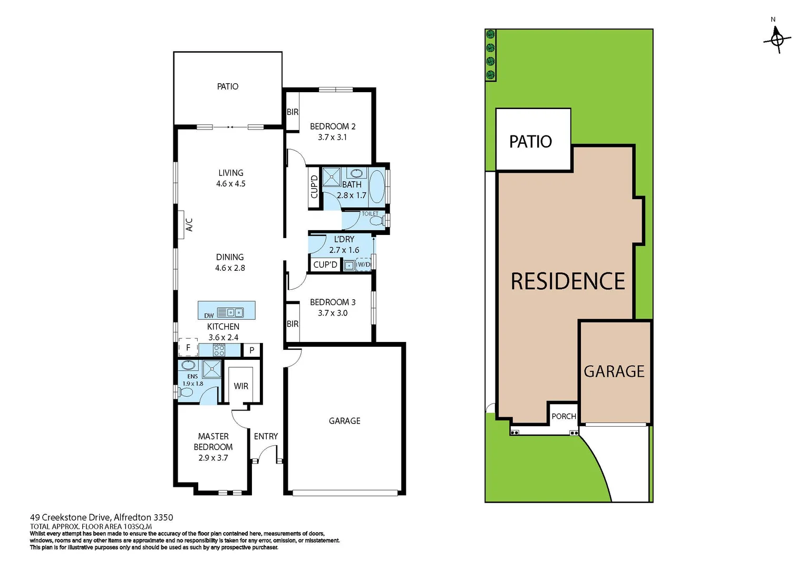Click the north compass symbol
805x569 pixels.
tap(777, 38)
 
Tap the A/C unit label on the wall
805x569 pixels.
tap(189, 224)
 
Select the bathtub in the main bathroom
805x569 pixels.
tap(376, 187)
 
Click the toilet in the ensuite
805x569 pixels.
tap(186, 392)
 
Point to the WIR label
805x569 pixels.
tap(241, 386)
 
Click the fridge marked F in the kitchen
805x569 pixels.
tap(188, 348)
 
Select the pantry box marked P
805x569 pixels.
tap(252, 350)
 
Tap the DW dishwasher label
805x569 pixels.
tap(209, 316)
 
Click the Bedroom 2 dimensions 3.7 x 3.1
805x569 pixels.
tap(332, 137)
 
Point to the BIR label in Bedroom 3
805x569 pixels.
tap(293, 324)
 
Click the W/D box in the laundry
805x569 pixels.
tap(364, 264)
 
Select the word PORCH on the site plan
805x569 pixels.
tap(564, 416)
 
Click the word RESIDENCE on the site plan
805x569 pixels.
tap(568, 281)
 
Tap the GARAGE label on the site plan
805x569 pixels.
tap(614, 371)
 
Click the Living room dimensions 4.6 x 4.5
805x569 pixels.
tap(231, 184)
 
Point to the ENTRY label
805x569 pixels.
tap(266, 436)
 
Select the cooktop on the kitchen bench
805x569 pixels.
tap(219, 350)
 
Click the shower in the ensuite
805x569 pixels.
tap(212, 369)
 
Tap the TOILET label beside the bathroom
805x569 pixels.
tap(370, 214)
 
